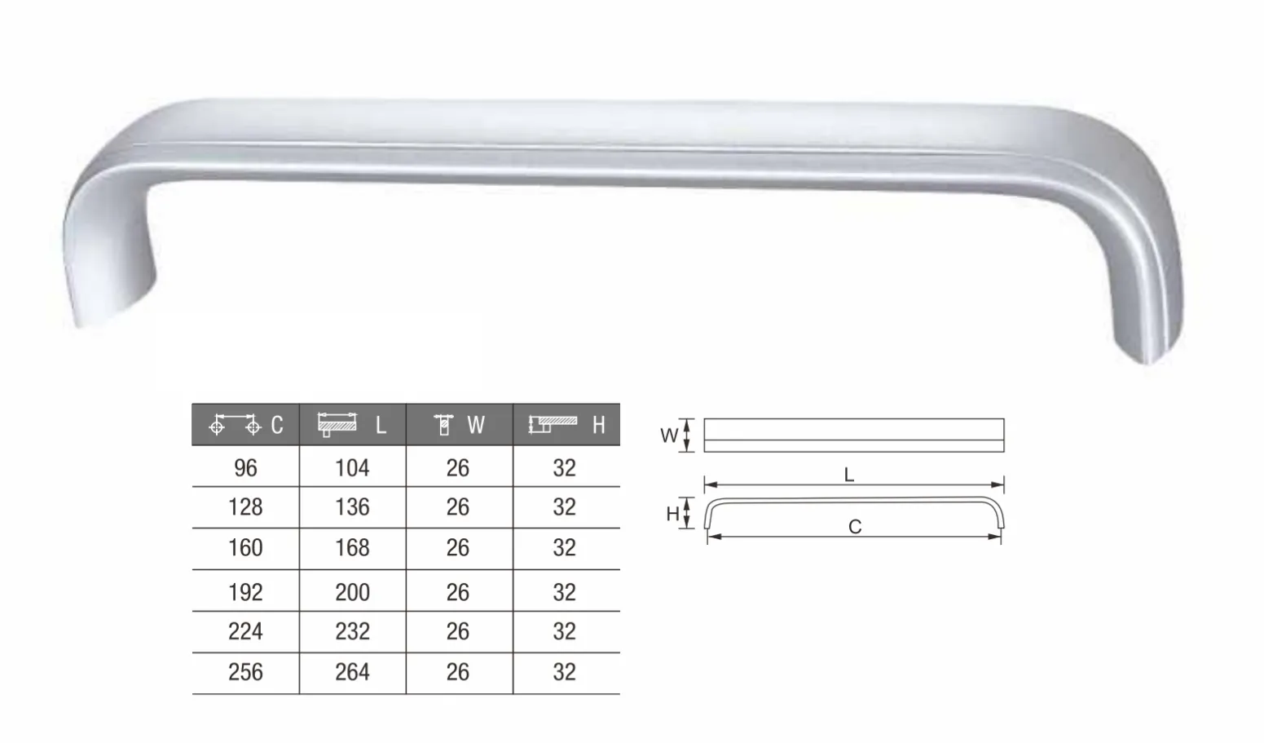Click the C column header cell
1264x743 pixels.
pyautogui.click(x=245, y=424)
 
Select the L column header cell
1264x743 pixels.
pyautogui.click(x=353, y=424)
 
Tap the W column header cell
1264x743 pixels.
pyautogui.click(x=460, y=424)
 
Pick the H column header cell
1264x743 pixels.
pyautogui.click(x=566, y=424)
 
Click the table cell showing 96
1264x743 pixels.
pyautogui.click(x=245, y=467)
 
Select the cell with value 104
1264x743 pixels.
pyautogui.click(x=353, y=467)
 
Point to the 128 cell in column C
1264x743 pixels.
pyautogui.click(x=245, y=507)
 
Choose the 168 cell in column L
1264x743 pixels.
pyautogui.click(x=353, y=547)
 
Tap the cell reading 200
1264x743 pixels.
pyautogui.click(x=353, y=591)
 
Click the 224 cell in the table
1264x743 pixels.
pyautogui.click(x=245, y=631)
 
